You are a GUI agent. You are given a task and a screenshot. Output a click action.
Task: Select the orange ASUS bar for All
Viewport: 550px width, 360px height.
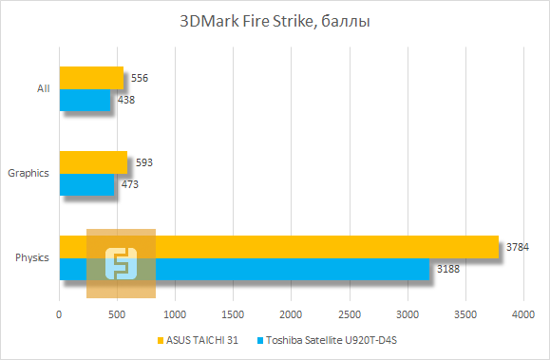[91, 77]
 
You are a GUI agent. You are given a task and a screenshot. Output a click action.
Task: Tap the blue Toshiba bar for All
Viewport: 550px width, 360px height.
[85, 100]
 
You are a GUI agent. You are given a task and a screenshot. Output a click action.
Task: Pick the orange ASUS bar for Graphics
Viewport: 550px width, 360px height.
[93, 161]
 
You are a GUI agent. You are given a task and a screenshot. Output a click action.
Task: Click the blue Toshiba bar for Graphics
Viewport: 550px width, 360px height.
[86, 184]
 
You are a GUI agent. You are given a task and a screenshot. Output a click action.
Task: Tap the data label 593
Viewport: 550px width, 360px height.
[143, 162]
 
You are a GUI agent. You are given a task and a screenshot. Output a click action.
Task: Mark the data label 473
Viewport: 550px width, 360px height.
[130, 184]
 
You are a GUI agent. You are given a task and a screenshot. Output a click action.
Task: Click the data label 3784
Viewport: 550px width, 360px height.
[518, 247]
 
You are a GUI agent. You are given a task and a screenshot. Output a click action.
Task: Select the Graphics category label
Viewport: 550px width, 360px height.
[28, 173]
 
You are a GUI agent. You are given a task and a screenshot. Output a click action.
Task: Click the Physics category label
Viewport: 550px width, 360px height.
[32, 257]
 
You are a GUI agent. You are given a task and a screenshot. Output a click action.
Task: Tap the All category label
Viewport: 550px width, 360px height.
[43, 88]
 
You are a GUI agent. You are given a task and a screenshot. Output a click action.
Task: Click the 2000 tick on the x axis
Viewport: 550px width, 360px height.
[291, 313]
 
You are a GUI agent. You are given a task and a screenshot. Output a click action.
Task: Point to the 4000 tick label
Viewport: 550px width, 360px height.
[522, 313]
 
